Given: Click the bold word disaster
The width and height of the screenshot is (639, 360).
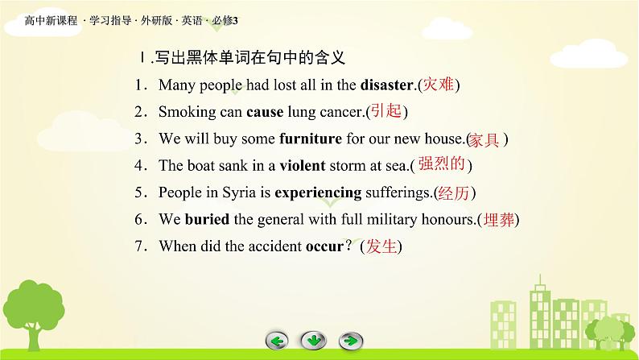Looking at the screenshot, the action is [x=387, y=85].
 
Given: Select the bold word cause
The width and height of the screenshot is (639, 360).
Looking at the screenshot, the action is [x=265, y=112].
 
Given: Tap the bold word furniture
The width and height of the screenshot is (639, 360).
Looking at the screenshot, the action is [x=311, y=139].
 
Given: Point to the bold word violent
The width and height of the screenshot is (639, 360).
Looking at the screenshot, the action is [x=303, y=166].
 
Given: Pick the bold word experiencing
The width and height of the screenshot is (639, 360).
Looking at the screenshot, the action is [x=318, y=192].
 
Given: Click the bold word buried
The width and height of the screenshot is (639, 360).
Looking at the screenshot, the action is [x=207, y=219].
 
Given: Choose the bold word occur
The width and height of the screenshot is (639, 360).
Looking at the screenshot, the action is [x=324, y=247].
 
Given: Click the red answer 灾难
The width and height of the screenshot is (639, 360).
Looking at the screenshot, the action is [x=439, y=85].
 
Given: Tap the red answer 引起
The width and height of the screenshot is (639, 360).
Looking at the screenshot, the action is [x=386, y=111].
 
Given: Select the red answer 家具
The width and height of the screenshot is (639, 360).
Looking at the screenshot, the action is [x=484, y=140].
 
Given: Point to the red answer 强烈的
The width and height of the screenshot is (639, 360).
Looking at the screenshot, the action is [x=442, y=163].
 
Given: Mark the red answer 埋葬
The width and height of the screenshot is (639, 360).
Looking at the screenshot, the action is [x=499, y=219].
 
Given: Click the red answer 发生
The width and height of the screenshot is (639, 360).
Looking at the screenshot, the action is [x=381, y=246].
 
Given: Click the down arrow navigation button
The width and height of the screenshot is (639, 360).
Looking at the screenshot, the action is [x=313, y=341].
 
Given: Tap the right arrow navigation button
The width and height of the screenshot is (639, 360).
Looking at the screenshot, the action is [x=350, y=341].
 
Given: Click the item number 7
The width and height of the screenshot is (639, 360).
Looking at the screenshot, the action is [x=138, y=246].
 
